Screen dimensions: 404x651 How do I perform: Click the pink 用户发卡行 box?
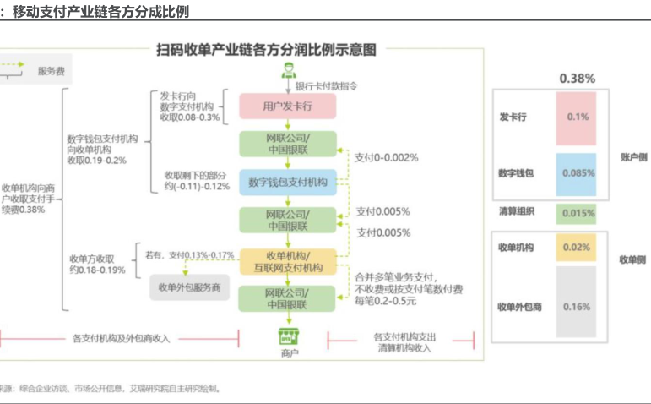(x=288, y=106)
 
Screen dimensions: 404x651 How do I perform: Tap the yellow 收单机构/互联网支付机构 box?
(x=288, y=261)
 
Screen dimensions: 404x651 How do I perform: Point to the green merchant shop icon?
(x=289, y=336)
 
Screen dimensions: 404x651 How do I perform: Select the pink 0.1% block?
(x=578, y=117)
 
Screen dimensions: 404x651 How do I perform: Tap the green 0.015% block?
(x=578, y=213)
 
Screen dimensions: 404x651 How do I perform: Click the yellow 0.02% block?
(x=578, y=247)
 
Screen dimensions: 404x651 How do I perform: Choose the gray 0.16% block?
(x=578, y=306)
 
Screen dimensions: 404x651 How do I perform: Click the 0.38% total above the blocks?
(x=578, y=79)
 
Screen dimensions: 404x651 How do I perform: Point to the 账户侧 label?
(x=633, y=157)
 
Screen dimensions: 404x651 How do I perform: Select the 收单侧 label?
(x=633, y=259)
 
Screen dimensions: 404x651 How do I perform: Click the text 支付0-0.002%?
(x=387, y=157)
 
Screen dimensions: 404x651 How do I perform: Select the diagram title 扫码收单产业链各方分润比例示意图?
(x=266, y=51)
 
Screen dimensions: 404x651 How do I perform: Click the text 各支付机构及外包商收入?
(x=122, y=338)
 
